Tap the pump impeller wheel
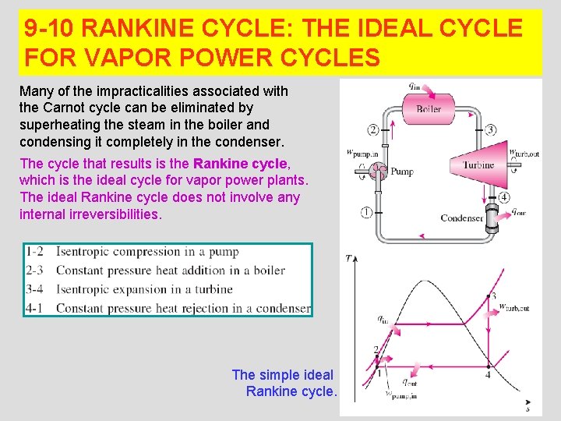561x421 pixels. (x=379, y=170)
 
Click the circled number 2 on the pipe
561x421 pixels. (x=373, y=129)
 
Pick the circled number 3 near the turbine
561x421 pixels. (x=490, y=129)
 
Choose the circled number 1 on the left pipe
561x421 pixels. (x=365, y=212)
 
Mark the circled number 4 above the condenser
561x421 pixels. (x=504, y=197)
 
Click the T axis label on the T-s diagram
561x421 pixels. (x=349, y=256)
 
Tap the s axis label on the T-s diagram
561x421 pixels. (x=528, y=408)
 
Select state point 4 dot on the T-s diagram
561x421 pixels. (x=489, y=366)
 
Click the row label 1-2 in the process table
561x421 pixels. (x=34, y=252)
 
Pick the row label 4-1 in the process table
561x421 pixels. (x=34, y=308)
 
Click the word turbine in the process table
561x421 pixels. (x=213, y=289)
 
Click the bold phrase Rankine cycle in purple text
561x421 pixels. (x=241, y=164)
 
